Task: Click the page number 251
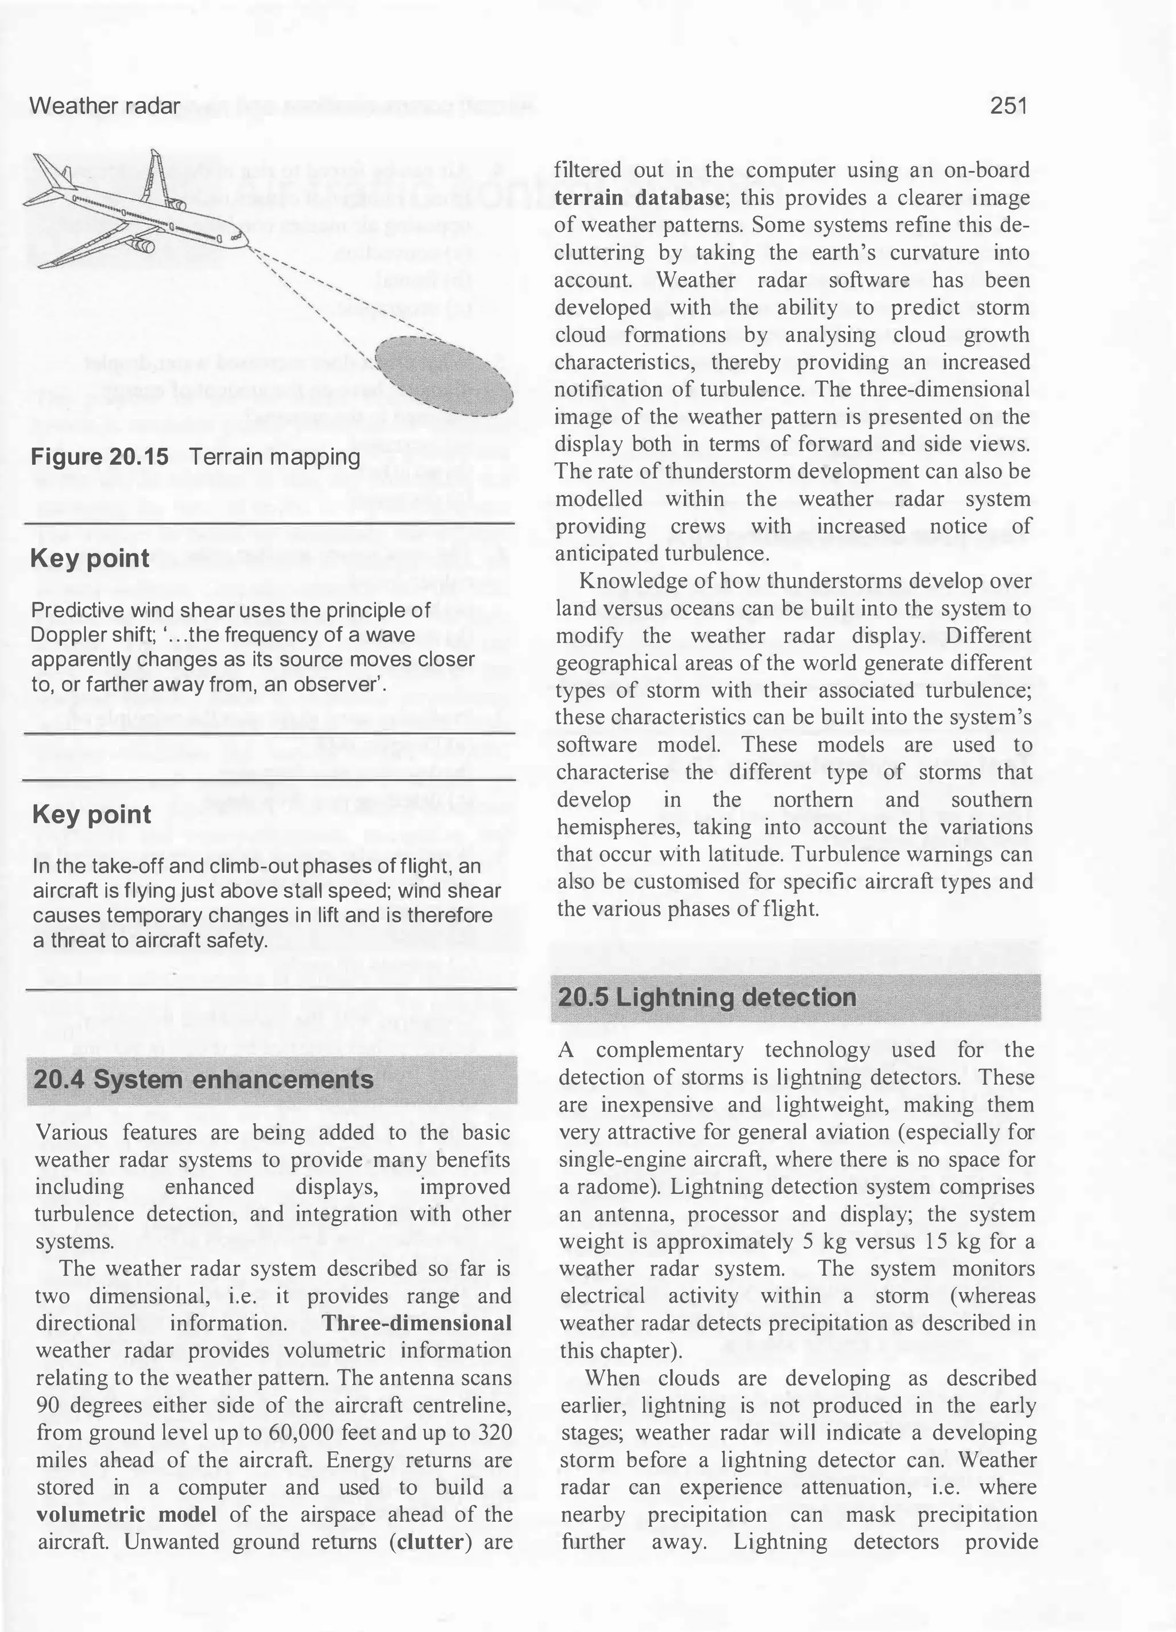1008,106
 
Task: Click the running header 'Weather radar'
105,106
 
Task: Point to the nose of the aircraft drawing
245,243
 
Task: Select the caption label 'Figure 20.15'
99,457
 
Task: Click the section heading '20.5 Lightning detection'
707,997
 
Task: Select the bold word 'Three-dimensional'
417,1322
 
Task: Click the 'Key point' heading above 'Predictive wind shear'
90,558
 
